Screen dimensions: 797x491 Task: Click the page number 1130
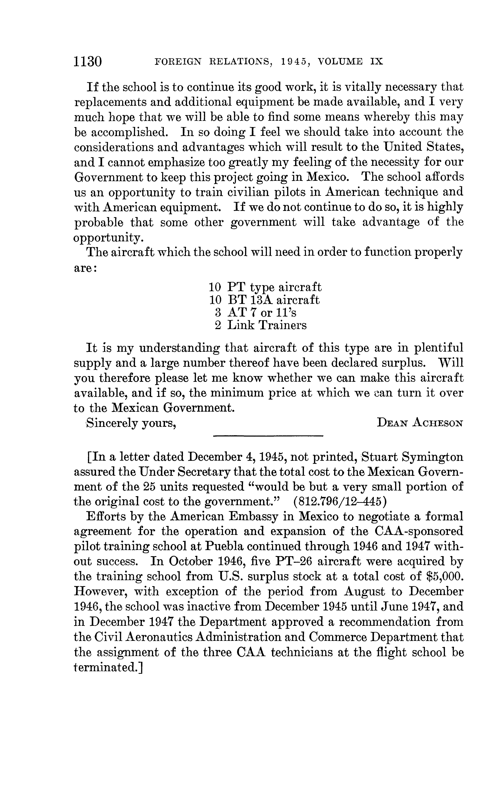(88, 61)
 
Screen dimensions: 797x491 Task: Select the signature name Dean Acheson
(420, 423)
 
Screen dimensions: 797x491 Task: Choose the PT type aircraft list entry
(265, 287)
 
